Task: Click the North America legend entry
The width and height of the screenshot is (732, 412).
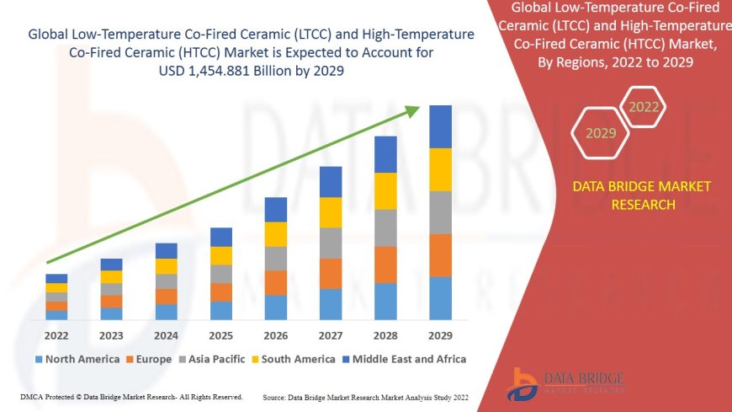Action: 77,359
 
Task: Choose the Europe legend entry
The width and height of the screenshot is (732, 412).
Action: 152,359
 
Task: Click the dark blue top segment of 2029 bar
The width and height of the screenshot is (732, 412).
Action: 440,126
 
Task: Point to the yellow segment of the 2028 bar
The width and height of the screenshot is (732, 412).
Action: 385,190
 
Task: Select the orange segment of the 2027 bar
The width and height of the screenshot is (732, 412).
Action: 331,273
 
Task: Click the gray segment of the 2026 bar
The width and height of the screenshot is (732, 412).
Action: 276,258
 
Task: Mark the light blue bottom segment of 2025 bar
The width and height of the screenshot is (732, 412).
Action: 221,310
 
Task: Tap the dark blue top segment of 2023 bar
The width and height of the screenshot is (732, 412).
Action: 111,265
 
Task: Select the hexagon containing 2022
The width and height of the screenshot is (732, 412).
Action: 644,108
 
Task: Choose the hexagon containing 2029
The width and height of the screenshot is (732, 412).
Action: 601,133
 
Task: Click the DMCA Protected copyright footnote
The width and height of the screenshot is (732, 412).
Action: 130,397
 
